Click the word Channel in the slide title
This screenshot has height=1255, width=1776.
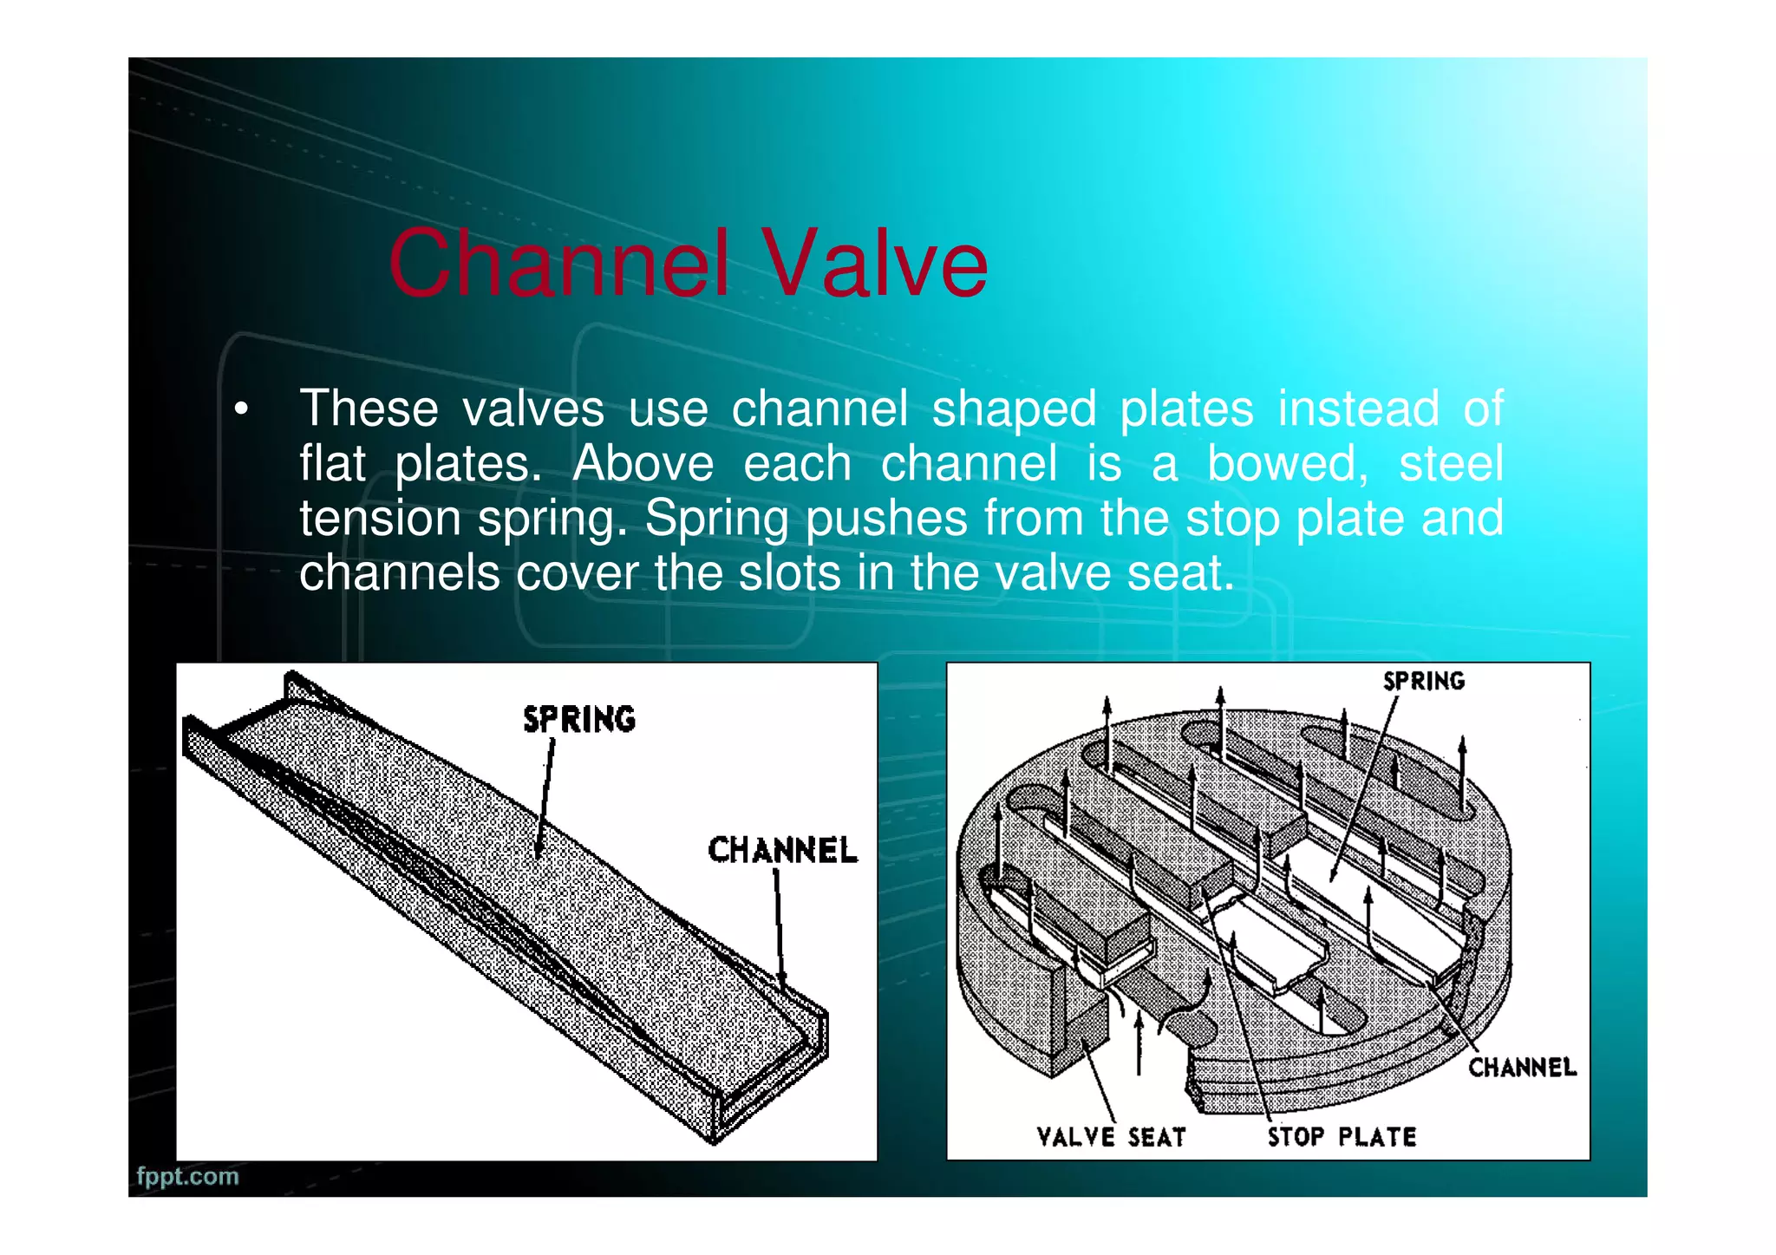(x=558, y=263)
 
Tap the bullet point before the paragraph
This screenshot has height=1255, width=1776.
(x=241, y=409)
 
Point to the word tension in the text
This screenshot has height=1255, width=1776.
(x=378, y=518)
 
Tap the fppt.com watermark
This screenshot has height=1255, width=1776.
(x=187, y=1176)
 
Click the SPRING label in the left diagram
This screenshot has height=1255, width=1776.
(x=579, y=719)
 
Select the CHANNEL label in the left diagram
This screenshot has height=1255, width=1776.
(x=782, y=850)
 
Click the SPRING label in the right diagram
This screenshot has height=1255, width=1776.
(x=1423, y=681)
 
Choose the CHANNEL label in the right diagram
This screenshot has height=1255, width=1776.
(x=1522, y=1067)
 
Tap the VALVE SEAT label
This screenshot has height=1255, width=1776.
(x=1111, y=1136)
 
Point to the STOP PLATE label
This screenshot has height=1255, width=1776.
(x=1342, y=1136)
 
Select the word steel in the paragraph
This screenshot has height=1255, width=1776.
(x=1451, y=463)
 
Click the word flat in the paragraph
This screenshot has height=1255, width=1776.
(x=332, y=463)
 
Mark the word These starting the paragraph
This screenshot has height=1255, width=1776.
(x=369, y=409)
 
